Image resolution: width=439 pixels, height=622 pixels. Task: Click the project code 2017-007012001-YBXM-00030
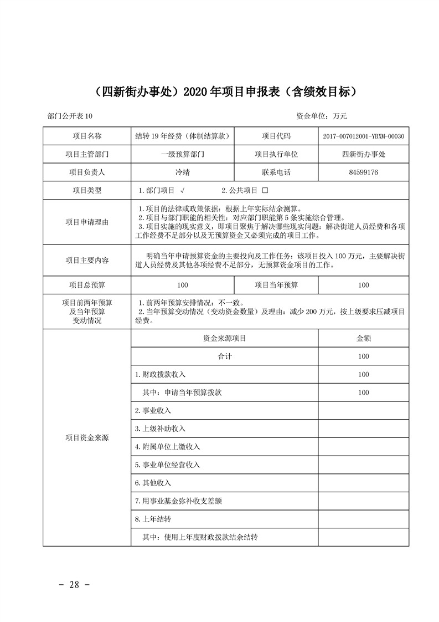tap(363, 136)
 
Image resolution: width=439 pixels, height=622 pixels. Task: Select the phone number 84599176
tap(363, 172)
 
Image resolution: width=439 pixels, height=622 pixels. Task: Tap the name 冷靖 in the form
tap(183, 172)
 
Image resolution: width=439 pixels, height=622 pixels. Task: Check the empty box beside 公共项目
tap(265, 191)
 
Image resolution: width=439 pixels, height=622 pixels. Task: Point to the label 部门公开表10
tap(71, 116)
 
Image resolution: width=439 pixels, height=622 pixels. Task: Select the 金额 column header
tap(363, 338)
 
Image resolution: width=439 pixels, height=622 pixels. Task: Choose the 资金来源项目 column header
tap(224, 338)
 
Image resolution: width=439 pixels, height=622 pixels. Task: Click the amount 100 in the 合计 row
tap(363, 356)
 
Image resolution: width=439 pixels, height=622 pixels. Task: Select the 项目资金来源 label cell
tap(87, 438)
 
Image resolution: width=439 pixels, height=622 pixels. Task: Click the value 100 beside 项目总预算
tap(183, 285)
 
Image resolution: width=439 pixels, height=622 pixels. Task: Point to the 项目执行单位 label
tap(276, 154)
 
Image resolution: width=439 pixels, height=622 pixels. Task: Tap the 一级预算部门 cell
tap(183, 154)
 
